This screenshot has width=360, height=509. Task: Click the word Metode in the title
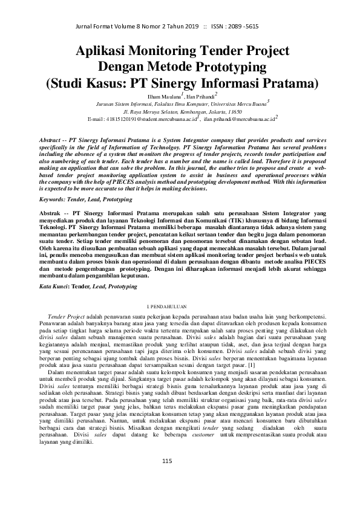pos(177,66)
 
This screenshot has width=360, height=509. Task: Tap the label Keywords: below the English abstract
pos(54,181)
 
